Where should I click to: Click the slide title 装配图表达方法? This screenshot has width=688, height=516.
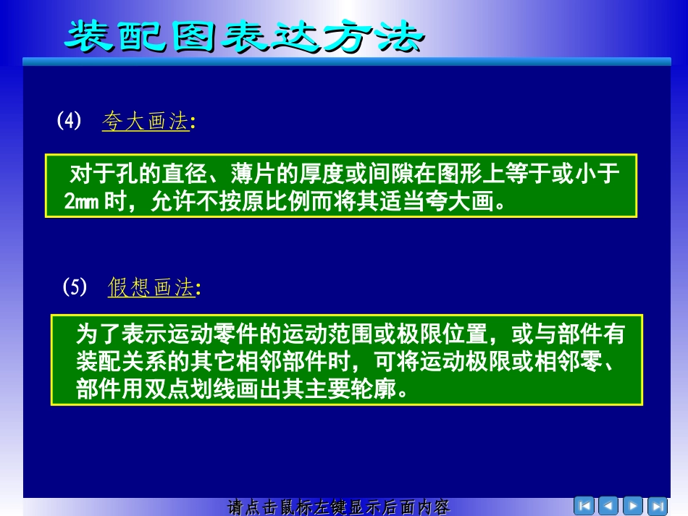pos(243,36)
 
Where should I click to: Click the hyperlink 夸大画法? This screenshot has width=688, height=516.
pos(146,122)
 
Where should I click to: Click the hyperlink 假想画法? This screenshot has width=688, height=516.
pos(151,288)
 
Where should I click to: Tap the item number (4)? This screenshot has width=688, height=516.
pos(70,121)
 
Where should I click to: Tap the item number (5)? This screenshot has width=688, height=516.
pos(75,287)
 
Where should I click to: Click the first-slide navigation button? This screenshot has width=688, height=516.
pos(584,505)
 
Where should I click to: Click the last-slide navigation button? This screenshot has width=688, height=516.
pos(657,505)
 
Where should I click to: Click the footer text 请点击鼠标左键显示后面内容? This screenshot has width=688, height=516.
pos(339,507)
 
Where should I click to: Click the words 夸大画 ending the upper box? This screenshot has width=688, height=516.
pos(463,202)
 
